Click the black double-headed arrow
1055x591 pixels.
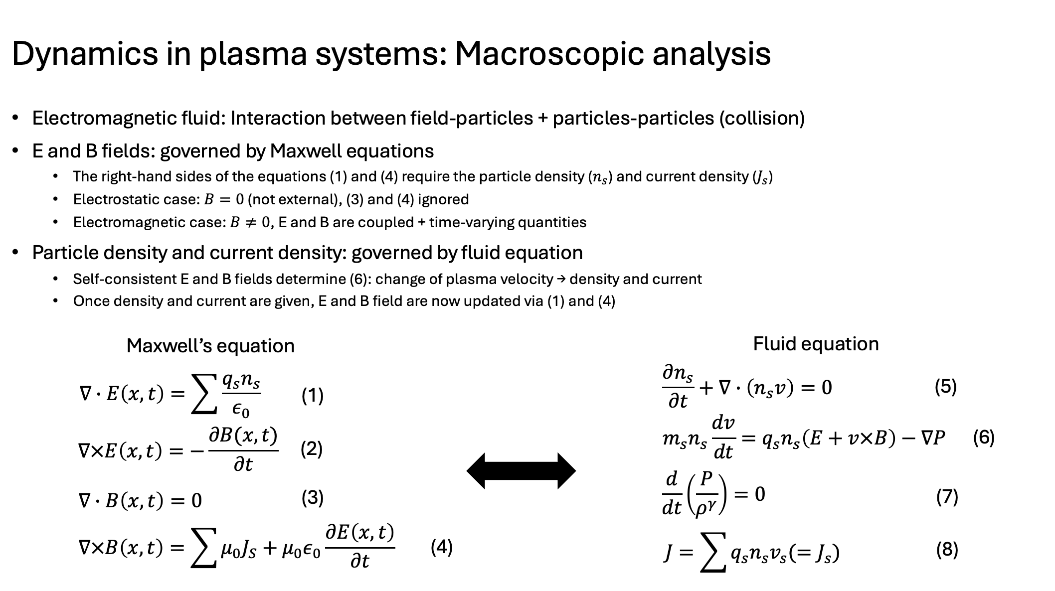pyautogui.click(x=521, y=471)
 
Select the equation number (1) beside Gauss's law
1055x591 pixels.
pyautogui.click(x=313, y=396)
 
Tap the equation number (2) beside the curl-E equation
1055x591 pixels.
pyautogui.click(x=312, y=449)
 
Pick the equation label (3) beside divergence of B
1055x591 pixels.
pyautogui.click(x=313, y=497)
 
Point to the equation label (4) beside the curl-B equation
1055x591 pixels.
pyautogui.click(x=441, y=547)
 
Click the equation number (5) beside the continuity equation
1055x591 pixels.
pyautogui.click(x=946, y=387)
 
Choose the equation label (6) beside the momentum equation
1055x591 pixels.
pyautogui.click(x=984, y=438)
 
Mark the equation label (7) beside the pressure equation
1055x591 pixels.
pyautogui.click(x=947, y=497)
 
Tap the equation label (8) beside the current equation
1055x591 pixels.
pyautogui.click(x=947, y=550)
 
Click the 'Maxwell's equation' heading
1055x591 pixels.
pyautogui.click(x=210, y=346)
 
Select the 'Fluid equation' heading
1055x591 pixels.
pyautogui.click(x=816, y=344)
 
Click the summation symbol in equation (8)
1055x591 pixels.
pyautogui.click(x=713, y=552)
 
